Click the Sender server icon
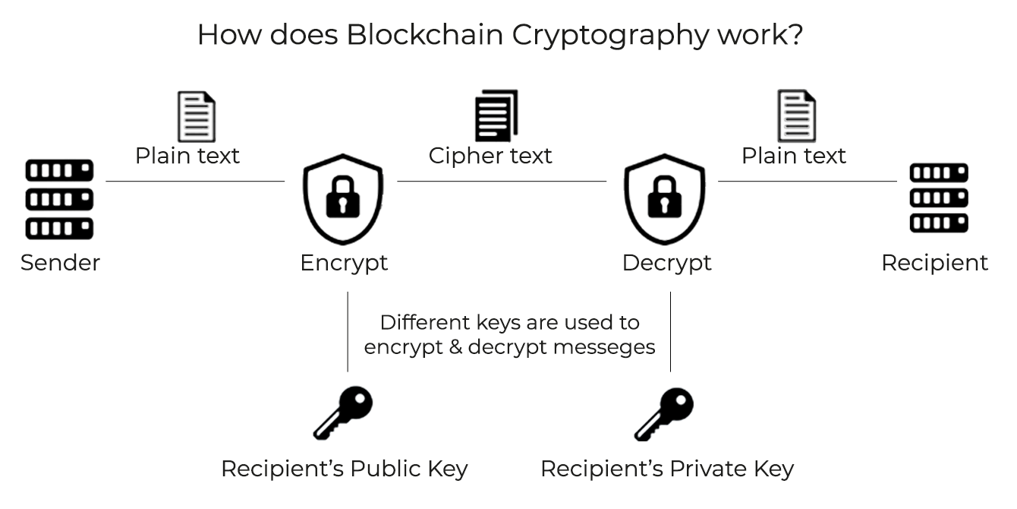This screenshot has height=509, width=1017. (59, 199)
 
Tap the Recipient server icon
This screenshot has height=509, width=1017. (939, 198)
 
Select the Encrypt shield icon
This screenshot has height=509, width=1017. (344, 199)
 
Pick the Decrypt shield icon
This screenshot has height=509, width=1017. (664, 199)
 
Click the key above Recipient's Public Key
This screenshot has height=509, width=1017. (344, 413)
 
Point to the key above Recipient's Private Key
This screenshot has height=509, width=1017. (664, 413)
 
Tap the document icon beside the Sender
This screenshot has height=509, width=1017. (197, 116)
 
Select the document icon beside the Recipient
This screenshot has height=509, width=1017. (796, 116)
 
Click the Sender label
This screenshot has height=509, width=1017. (60, 263)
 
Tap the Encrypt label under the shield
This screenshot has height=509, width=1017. (344, 263)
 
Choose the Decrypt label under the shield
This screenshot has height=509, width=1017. (666, 263)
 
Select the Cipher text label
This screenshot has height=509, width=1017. (490, 156)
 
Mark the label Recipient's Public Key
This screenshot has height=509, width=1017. (344, 469)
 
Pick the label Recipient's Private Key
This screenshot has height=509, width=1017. (666, 469)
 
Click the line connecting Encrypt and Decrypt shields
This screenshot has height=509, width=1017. (501, 182)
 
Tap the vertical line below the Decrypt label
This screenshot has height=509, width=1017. (670, 331)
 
